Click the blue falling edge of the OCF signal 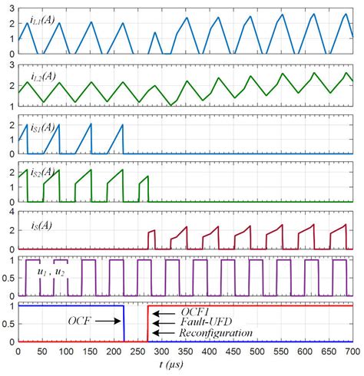pos(124,324)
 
